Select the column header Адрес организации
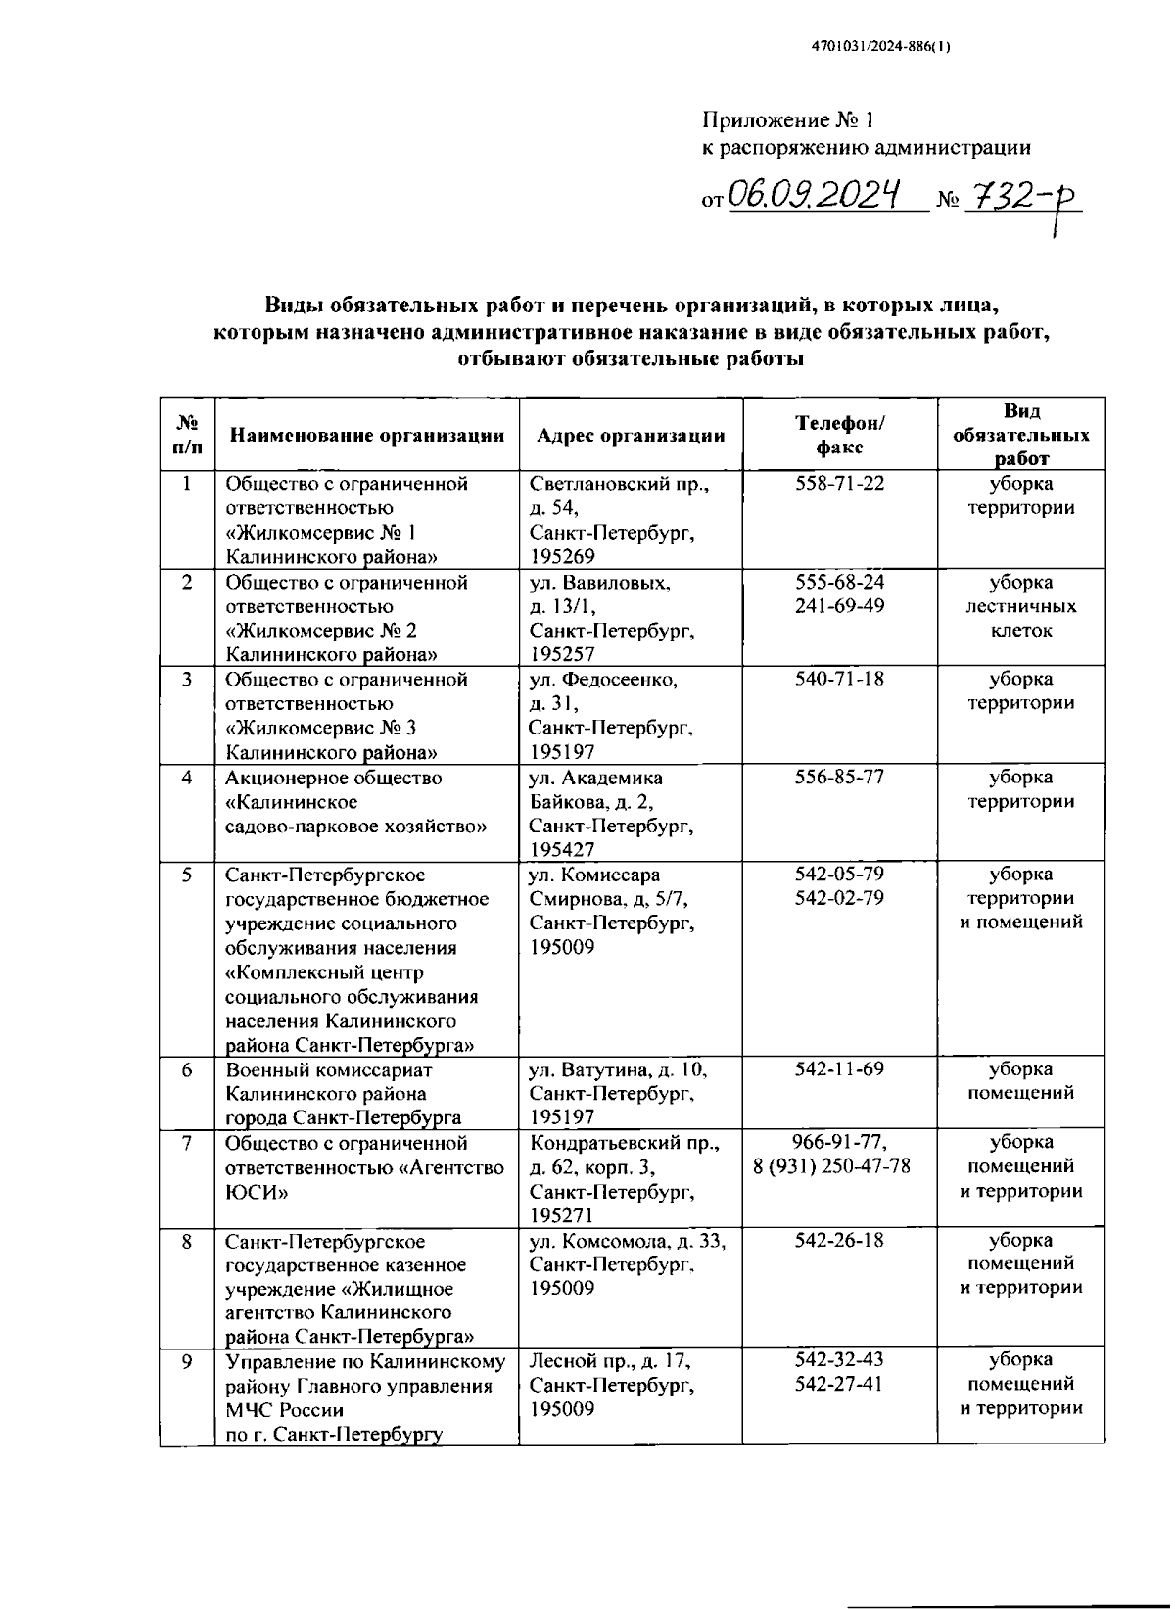coord(631,436)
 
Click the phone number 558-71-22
coord(839,484)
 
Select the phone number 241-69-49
coord(839,606)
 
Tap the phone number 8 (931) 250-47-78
coord(831,1166)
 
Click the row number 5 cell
coord(187,875)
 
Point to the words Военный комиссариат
coord(329,1070)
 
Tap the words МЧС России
coord(285,1410)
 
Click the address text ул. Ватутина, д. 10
coord(618,1070)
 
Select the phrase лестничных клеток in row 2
coord(1020,618)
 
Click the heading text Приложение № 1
coord(787,120)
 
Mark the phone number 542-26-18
coord(839,1240)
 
